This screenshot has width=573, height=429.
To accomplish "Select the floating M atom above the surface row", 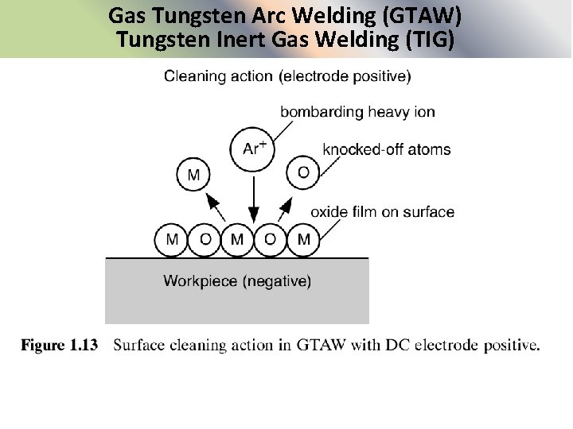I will pos(193,174).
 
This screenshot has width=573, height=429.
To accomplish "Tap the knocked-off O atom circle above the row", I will pos(302,172).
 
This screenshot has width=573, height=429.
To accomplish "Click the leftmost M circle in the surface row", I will pos(172,239).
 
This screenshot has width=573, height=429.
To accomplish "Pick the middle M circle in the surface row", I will pos(237,239).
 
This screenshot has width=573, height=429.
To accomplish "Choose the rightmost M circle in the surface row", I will pos(303,239).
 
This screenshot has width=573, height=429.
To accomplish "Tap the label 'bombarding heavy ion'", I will pos(357,112).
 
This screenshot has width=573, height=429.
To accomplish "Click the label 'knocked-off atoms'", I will pos(387,149).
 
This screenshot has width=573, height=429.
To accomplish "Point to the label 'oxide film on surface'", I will pos(382,212).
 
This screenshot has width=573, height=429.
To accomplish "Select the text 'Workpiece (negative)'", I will pos(237,280).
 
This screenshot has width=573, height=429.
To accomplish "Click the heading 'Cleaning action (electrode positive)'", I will pos(287,77).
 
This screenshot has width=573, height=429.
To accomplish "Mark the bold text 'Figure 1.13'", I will pos(59,346).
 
